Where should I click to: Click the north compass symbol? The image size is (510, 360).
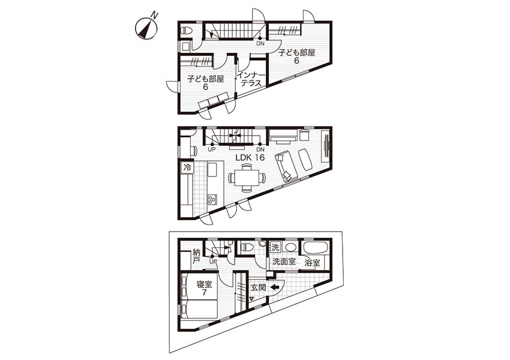point(146,28)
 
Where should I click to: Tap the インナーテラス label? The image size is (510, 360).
point(249,79)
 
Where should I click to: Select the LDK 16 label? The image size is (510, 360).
point(250,158)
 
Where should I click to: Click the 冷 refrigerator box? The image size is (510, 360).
point(187,168)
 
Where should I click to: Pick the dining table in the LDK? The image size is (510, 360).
point(247,178)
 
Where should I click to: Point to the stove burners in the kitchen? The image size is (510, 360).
point(212,199)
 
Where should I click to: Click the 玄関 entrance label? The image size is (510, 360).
point(259,288)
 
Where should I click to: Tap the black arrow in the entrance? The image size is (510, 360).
point(275,287)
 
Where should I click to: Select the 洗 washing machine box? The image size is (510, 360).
point(275,247)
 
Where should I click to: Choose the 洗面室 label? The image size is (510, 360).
point(284,261)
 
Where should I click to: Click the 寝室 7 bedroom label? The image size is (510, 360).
point(204,288)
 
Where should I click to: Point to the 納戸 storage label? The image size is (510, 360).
point(196,256)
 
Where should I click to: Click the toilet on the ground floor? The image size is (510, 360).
point(247,247)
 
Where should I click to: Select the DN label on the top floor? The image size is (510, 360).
point(260,43)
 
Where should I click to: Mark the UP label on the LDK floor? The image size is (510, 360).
point(212,149)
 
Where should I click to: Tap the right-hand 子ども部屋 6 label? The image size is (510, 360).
point(296,56)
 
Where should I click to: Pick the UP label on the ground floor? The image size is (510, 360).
point(214,261)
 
